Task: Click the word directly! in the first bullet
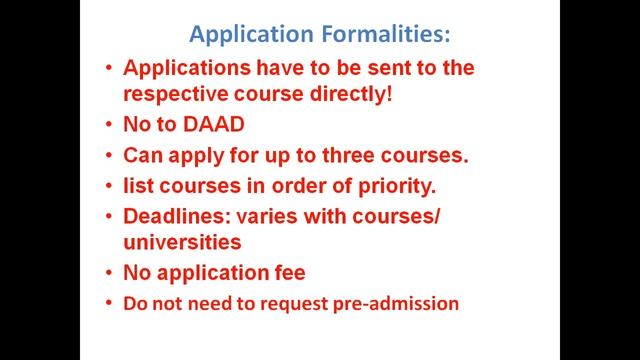pyautogui.click(x=369, y=97)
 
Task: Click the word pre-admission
pyautogui.click(x=402, y=303)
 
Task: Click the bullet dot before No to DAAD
pyautogui.click(x=109, y=126)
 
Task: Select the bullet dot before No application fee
pyautogui.click(x=109, y=272)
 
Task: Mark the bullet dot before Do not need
pyautogui.click(x=109, y=302)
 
